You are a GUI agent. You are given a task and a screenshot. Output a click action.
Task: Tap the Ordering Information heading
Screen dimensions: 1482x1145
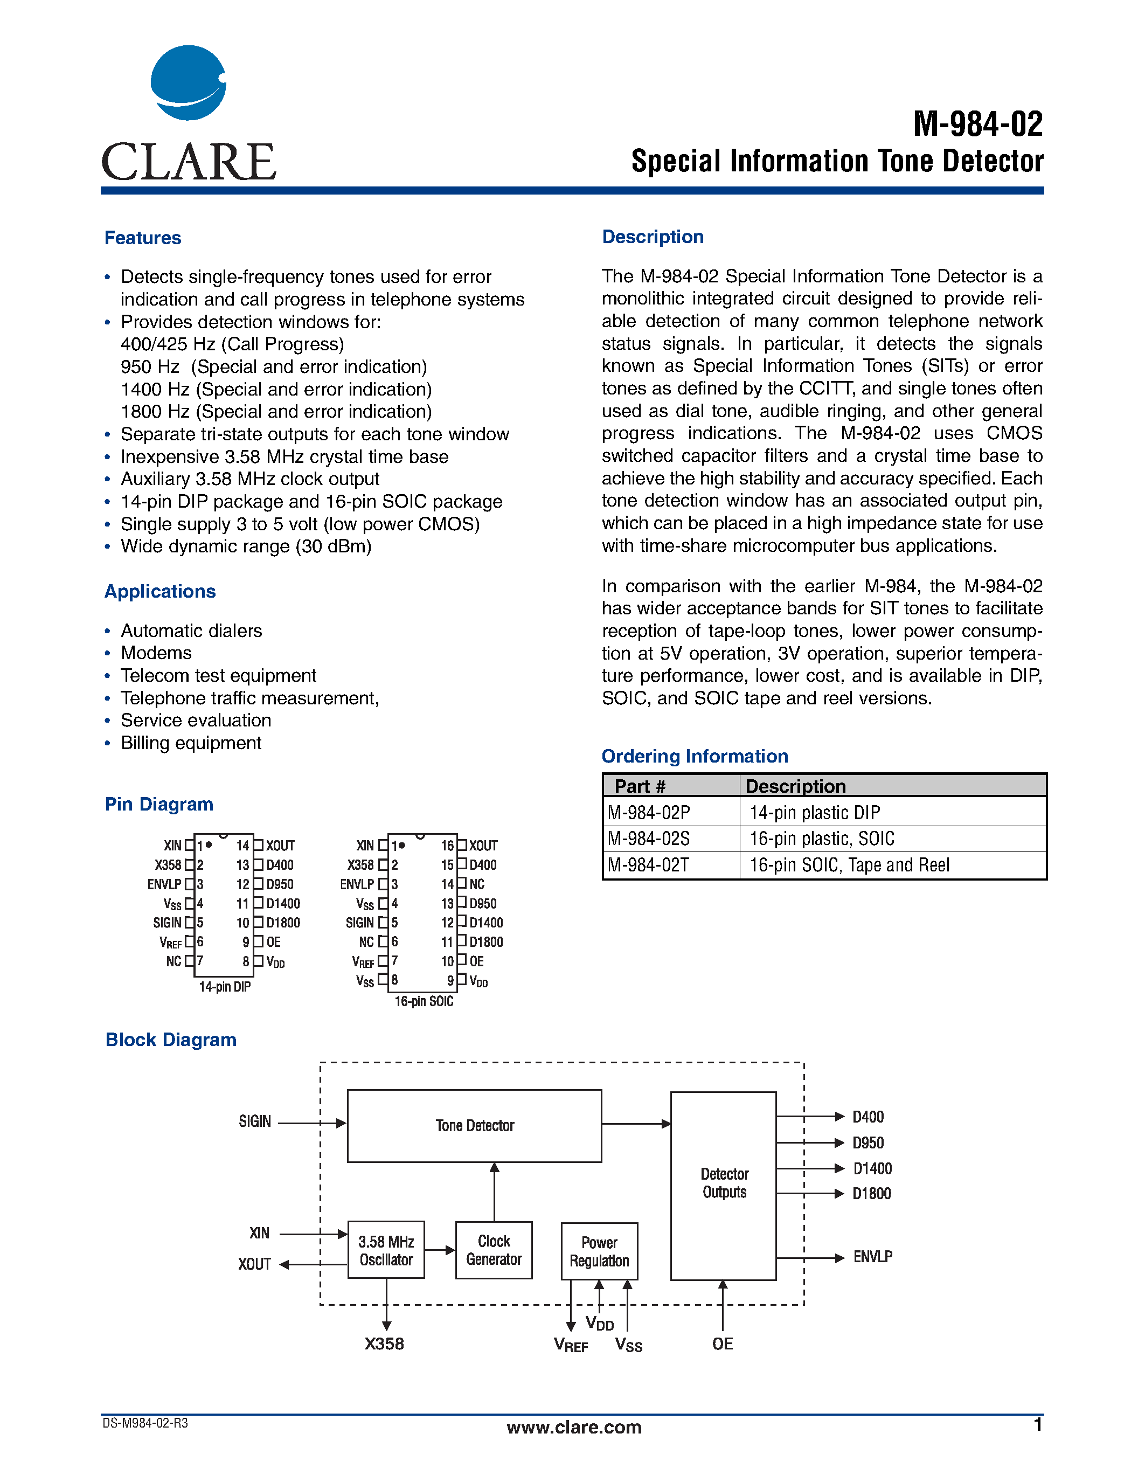click(695, 756)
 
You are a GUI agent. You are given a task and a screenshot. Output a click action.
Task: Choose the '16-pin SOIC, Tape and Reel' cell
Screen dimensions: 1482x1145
click(849, 865)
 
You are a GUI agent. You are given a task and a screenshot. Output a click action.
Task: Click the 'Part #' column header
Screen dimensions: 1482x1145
click(640, 786)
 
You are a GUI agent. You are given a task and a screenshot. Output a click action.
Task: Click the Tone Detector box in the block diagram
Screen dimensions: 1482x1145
click(474, 1126)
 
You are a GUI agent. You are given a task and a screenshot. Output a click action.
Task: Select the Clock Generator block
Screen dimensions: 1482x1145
click(493, 1250)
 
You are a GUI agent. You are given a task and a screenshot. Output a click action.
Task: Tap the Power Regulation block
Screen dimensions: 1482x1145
click(599, 1251)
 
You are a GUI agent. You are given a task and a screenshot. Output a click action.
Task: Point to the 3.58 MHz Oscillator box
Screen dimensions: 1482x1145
click(386, 1250)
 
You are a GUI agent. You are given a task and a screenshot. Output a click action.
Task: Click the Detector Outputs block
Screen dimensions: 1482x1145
click(723, 1183)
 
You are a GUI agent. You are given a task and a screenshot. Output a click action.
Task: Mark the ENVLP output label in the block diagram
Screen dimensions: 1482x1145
click(872, 1257)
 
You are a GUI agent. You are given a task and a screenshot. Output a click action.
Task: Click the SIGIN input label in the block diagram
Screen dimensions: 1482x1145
click(254, 1121)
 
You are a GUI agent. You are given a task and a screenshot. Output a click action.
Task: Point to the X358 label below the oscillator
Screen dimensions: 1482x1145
click(384, 1344)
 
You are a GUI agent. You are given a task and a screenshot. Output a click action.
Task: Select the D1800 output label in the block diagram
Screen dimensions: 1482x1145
click(872, 1194)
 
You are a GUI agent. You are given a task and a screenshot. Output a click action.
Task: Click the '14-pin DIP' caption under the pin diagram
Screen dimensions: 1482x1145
click(225, 987)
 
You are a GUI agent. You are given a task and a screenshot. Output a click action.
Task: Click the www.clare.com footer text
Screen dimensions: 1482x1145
click(574, 1427)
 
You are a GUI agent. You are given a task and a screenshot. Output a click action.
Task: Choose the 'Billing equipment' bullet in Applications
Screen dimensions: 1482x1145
click(191, 743)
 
